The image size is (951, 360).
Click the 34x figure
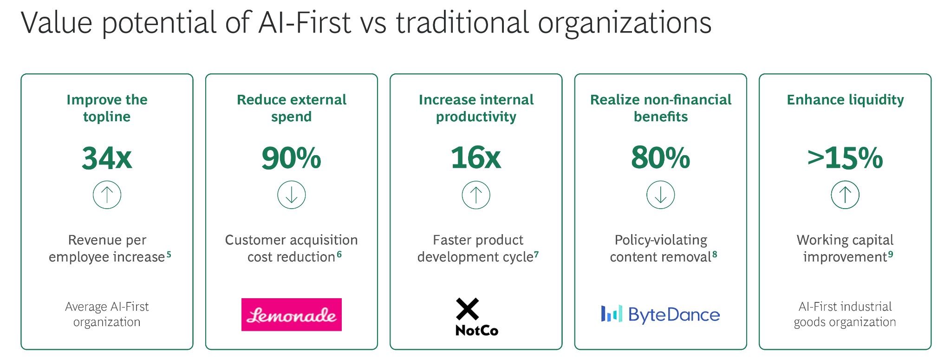pos(107,158)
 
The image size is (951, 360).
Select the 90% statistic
pos(291,158)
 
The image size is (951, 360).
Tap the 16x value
pos(476,158)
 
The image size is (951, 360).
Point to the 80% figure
pos(660,158)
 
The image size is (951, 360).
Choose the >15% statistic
pos(845,158)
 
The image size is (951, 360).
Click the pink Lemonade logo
pos(292,314)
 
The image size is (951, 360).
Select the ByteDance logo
pos(660,314)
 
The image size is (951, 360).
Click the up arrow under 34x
pos(107,195)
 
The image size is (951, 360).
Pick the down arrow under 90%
pos(292,195)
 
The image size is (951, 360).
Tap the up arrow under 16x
pos(476,195)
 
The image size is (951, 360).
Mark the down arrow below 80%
pos(661,195)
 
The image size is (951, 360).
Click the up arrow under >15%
pos(845,195)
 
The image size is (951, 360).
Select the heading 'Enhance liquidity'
pos(845,100)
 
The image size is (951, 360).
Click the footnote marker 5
pos(169,254)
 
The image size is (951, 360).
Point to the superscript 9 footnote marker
pos(891,254)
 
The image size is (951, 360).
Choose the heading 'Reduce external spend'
pos(292,108)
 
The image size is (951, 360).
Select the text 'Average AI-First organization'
pos(107,314)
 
